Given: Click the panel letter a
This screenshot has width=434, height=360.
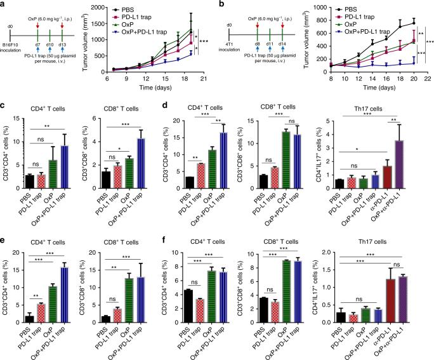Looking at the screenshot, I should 5,4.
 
